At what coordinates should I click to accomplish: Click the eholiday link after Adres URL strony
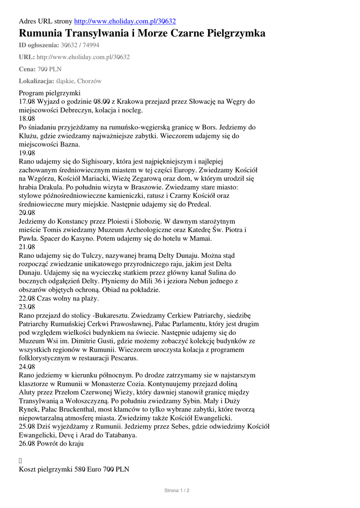coord(125,21)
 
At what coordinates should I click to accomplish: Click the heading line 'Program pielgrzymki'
coord(49,93)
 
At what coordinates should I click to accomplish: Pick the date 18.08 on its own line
coord(27,119)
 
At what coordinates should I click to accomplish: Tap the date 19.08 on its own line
coord(27,153)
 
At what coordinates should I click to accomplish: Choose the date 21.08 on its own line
coord(27,247)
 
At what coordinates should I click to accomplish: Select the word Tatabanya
coord(120,435)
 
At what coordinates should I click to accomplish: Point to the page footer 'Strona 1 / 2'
coord(177,491)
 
